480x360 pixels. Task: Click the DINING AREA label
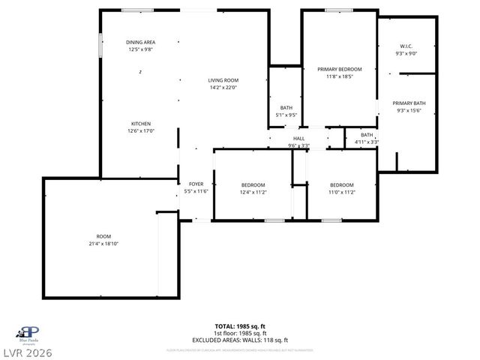(140, 43)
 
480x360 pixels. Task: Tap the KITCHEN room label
(142, 124)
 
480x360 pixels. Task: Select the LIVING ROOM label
(223, 80)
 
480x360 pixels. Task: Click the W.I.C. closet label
(406, 46)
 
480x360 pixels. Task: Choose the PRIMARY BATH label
(409, 103)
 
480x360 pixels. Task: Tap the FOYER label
(196, 184)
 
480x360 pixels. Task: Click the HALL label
(298, 139)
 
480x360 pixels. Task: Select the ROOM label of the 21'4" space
(103, 236)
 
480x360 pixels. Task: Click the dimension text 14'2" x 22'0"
(223, 88)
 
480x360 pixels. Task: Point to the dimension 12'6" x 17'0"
(142, 131)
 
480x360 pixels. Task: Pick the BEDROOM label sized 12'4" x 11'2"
(253, 185)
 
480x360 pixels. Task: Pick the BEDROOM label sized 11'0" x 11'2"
(342, 185)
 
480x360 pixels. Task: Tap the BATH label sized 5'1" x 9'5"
(286, 108)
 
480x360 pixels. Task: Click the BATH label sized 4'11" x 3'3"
(367, 135)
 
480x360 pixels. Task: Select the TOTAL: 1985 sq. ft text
(240, 326)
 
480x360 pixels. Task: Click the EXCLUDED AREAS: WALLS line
(240, 340)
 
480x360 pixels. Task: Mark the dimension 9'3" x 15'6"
(409, 110)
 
